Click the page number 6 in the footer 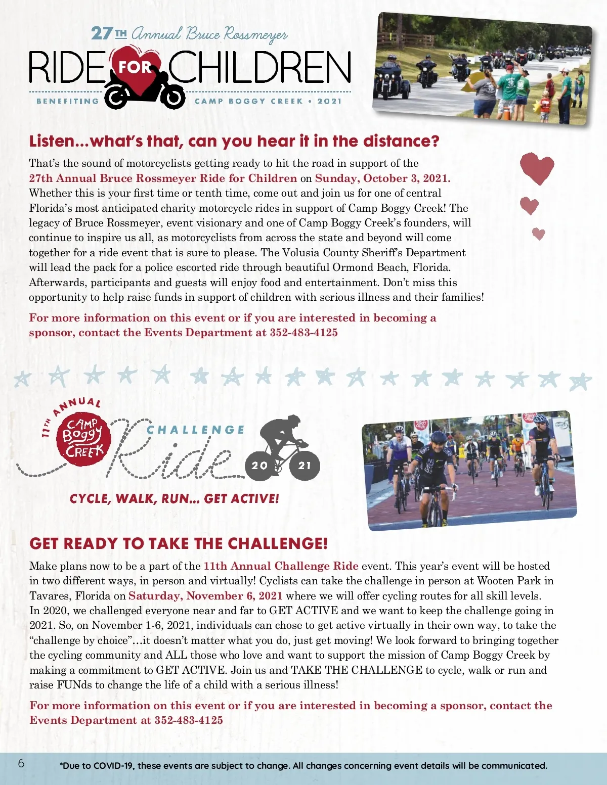coord(21,763)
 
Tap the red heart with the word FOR coord(135,65)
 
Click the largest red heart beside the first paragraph coord(537,168)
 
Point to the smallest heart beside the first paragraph coord(539,234)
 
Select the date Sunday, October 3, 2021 coord(382,178)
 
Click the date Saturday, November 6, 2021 coord(205,596)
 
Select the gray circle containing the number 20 coord(259,465)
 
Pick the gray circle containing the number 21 coord(305,465)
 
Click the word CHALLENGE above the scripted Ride coord(196,430)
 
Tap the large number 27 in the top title coord(102,33)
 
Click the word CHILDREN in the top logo coord(259,67)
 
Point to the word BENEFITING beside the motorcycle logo coord(68,101)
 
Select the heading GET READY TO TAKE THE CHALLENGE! coord(179,543)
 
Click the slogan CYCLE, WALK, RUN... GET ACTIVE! coord(175,499)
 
